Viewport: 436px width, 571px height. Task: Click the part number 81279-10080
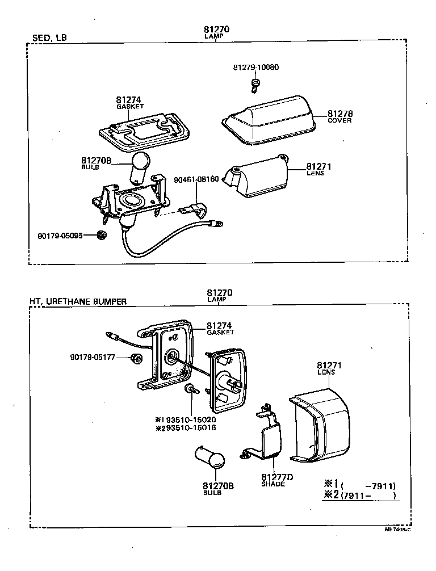pos(255,68)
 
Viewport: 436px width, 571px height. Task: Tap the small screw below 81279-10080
pos(255,85)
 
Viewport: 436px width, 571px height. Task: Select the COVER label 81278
pos(339,116)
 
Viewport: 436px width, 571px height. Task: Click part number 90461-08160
pos(196,179)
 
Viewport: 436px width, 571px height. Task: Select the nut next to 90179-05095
pos(102,234)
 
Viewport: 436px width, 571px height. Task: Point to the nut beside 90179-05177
pos(135,358)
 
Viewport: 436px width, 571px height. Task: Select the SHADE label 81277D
pos(277,480)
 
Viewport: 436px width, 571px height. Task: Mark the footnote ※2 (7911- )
pos(359,496)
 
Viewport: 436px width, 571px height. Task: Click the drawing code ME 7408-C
pos(397,528)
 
